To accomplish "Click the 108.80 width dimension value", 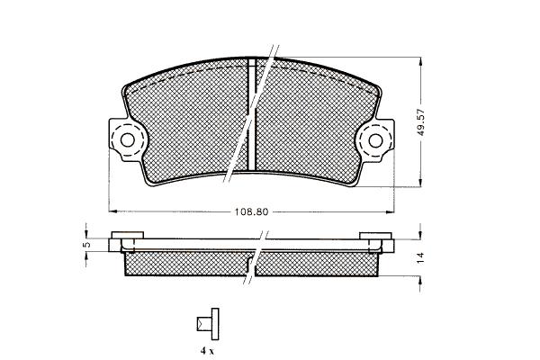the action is pos(251,211).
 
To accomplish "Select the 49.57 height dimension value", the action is pos(421,122).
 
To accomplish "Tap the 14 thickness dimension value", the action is pos(419,258).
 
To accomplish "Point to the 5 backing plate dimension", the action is pos(86,244).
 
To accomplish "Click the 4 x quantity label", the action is pos(207,351).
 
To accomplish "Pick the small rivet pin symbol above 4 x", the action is pos(209,324).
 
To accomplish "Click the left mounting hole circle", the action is pos(128,140).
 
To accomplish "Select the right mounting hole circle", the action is pos(375,140).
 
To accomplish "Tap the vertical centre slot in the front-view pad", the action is pos(252,114).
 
